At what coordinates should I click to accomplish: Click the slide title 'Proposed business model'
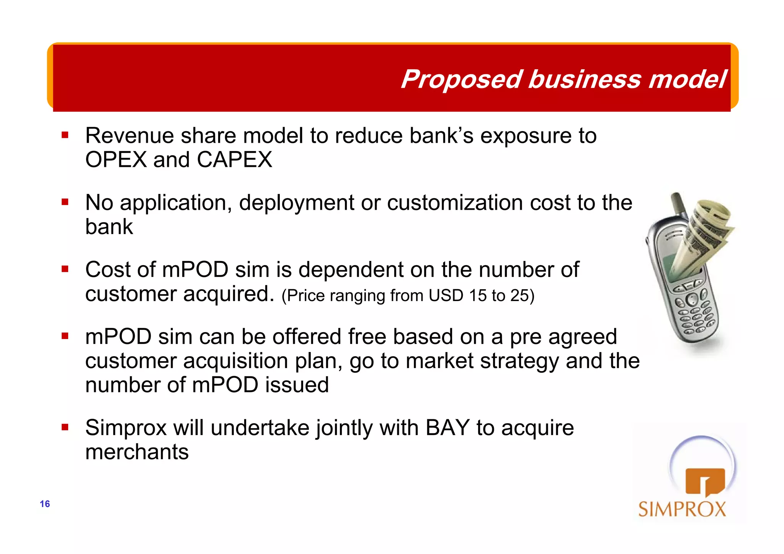click(x=563, y=79)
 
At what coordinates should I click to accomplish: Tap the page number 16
click(x=45, y=504)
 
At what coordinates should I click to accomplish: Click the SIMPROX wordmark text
click(x=682, y=510)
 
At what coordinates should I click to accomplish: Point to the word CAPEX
click(x=234, y=160)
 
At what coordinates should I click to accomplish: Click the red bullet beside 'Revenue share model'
click(x=65, y=135)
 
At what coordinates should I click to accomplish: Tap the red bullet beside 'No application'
click(x=65, y=202)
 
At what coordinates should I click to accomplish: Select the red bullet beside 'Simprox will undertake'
click(x=65, y=427)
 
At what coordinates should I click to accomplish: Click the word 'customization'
click(x=455, y=202)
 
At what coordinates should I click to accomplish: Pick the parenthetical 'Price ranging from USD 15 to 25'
click(x=408, y=296)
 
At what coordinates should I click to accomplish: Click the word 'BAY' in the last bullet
click(x=447, y=428)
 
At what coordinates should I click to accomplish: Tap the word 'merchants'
click(x=137, y=452)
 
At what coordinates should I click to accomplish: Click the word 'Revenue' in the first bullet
click(x=129, y=136)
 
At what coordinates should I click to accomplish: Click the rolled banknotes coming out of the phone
click(x=704, y=233)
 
